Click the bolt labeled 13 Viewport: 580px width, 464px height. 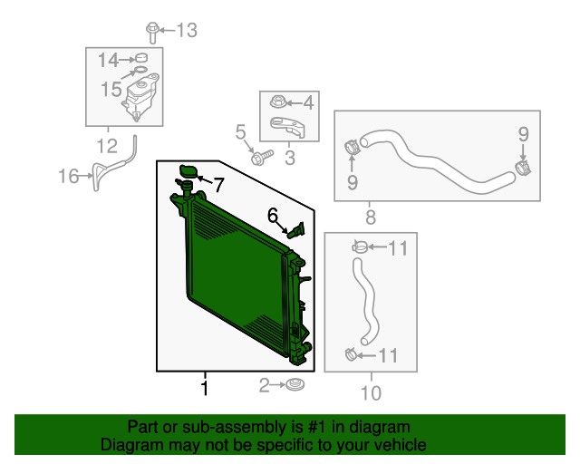pyautogui.click(x=152, y=34)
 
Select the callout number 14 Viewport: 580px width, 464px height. pyautogui.click(x=109, y=60)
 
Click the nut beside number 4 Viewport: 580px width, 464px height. pyautogui.click(x=277, y=101)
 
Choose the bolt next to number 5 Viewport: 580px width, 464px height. pyautogui.click(x=257, y=159)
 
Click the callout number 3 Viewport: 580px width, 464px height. pyautogui.click(x=290, y=159)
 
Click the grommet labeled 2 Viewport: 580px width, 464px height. pyautogui.click(x=294, y=387)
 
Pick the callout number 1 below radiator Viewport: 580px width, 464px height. pyautogui.click(x=205, y=389)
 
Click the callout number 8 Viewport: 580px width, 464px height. pyautogui.click(x=370, y=217)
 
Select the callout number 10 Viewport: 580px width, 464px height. pyautogui.click(x=371, y=392)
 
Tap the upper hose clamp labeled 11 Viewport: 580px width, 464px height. pyautogui.click(x=360, y=245)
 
